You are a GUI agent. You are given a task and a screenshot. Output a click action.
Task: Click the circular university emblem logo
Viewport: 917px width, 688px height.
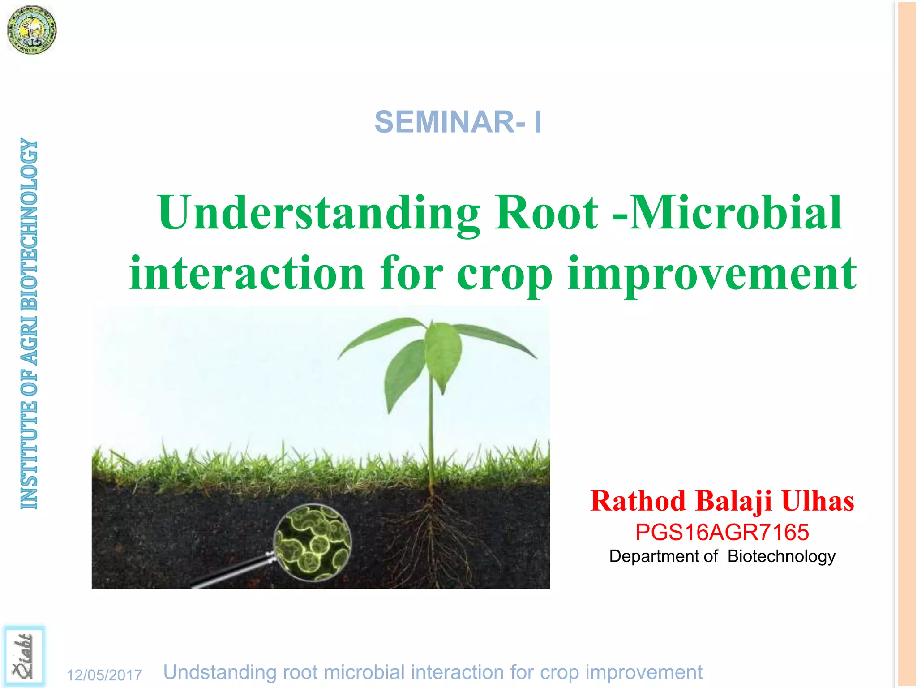[x=32, y=30]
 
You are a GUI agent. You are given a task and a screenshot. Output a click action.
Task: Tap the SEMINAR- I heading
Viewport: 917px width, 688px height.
[x=458, y=122]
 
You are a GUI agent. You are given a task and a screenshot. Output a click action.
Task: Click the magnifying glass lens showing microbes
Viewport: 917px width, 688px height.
[x=313, y=542]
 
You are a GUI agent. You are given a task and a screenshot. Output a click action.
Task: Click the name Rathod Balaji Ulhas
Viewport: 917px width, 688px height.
[x=722, y=501]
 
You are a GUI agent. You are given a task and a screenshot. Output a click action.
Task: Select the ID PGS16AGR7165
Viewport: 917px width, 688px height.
[x=722, y=532]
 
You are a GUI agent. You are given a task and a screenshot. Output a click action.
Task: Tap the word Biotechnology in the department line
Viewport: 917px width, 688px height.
[x=781, y=556]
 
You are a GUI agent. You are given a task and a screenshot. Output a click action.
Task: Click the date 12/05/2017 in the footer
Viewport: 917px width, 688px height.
[x=104, y=675]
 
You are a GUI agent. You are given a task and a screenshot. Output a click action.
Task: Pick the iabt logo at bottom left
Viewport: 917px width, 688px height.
[x=24, y=657]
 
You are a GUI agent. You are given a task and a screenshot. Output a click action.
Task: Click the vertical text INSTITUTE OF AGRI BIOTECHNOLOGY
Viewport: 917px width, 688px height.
[x=30, y=323]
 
